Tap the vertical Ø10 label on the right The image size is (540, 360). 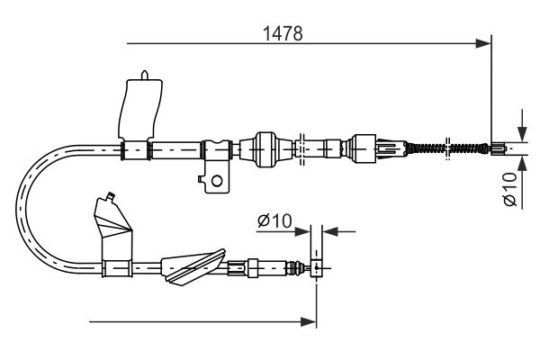point(510,191)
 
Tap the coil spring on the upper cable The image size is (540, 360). point(430,146)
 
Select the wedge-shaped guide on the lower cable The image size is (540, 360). point(189,265)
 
